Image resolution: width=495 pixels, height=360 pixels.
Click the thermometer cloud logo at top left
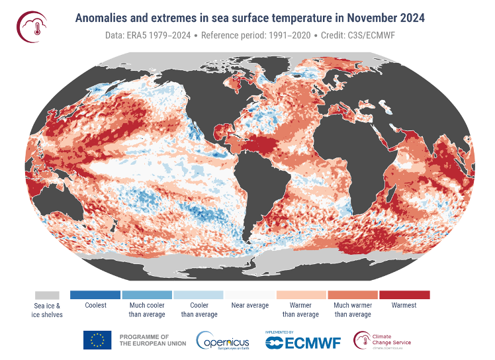[31, 26]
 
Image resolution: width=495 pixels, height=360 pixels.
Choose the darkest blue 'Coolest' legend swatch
[95, 294]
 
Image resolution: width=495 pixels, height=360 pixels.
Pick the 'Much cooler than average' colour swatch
[147, 294]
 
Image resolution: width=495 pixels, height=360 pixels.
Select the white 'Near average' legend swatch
[249, 294]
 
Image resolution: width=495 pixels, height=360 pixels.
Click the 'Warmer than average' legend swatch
[301, 294]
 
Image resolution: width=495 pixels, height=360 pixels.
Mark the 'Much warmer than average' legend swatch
[353, 294]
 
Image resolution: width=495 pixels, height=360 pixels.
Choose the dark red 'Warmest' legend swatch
[404, 294]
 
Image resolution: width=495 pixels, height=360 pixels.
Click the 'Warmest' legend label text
[404, 306]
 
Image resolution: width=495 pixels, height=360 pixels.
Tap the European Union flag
[97, 340]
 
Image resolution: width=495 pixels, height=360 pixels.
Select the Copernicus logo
[222, 341]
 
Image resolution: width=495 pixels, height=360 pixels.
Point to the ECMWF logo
[307, 342]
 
